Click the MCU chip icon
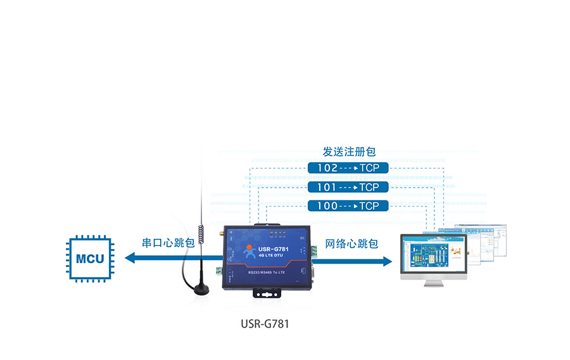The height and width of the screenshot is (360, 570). point(90,259)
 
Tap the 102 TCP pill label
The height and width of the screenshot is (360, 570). point(348,168)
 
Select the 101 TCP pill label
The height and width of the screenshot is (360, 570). point(348,187)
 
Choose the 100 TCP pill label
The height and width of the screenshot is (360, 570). point(348,206)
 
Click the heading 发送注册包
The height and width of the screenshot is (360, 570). point(349,152)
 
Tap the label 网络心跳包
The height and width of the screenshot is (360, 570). point(351,243)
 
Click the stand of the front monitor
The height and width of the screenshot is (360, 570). point(433,283)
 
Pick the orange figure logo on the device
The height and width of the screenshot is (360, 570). point(246,252)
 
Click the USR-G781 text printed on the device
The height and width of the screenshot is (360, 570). point(274,248)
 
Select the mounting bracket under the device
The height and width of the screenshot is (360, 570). point(267,293)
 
